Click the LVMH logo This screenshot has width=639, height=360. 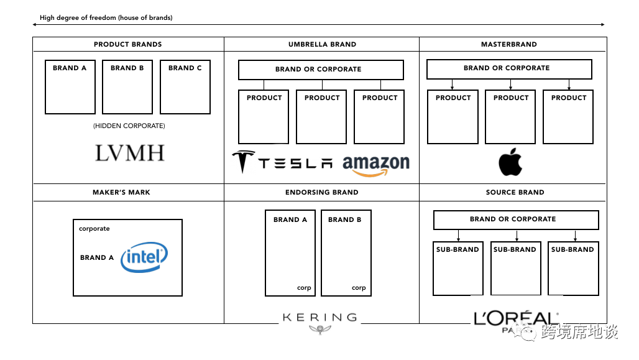[x=129, y=153]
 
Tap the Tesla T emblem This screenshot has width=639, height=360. [x=243, y=162]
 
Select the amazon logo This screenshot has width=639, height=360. [x=376, y=165]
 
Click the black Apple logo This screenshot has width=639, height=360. [x=510, y=162]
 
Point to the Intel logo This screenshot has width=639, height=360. [x=144, y=258]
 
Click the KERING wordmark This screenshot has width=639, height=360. [x=320, y=318]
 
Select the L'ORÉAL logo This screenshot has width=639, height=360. [x=515, y=319]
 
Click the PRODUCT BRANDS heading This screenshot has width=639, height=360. [x=127, y=45]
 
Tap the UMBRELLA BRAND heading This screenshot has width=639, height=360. [x=322, y=45]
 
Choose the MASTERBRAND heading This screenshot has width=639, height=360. [x=508, y=45]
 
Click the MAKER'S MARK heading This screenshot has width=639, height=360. [x=121, y=193]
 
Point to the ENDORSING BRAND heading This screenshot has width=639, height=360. [x=321, y=193]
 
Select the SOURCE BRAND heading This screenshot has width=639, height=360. [x=515, y=193]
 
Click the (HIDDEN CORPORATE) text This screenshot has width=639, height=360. [x=129, y=126]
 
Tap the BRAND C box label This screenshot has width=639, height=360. [x=185, y=68]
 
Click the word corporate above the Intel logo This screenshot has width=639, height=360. [x=94, y=229]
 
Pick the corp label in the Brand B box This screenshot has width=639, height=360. [x=359, y=288]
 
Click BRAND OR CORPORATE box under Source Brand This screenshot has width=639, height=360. [x=515, y=219]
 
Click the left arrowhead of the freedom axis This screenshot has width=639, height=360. [x=35, y=25]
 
